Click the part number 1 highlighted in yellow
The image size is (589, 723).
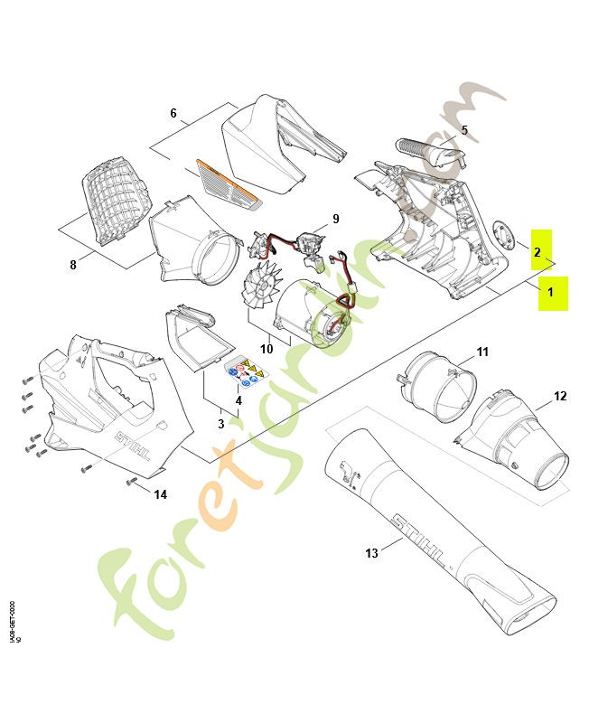tap(552, 294)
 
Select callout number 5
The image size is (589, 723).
tap(464, 130)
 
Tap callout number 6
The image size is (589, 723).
tap(173, 114)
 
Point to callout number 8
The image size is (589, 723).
tap(73, 265)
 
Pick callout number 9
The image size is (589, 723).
tap(335, 219)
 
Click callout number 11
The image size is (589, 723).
tap(481, 351)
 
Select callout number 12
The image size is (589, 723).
tap(560, 396)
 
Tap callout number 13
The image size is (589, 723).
tap(372, 553)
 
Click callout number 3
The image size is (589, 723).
tap(220, 423)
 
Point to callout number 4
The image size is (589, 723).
tap(238, 399)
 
